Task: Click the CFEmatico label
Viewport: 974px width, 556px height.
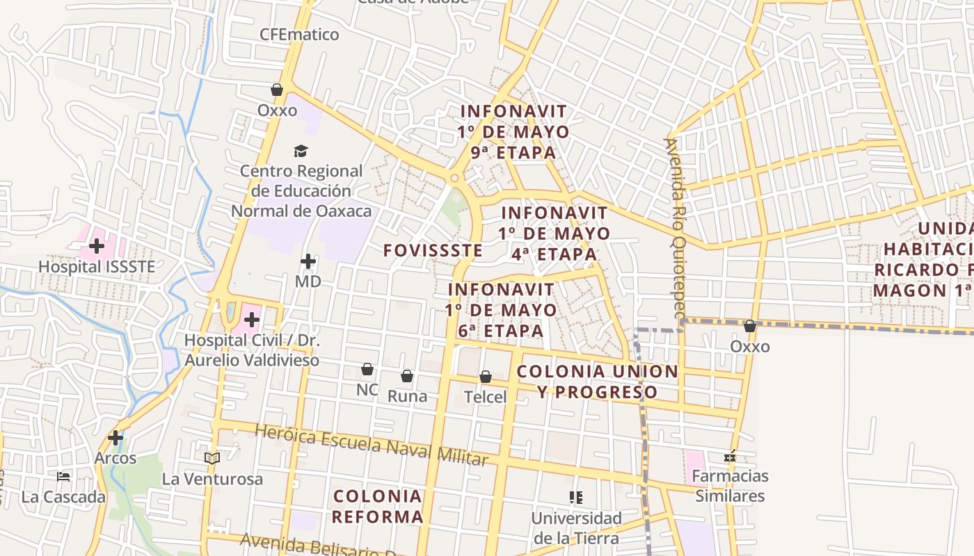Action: click(299, 34)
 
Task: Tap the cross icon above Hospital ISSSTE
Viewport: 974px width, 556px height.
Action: click(97, 245)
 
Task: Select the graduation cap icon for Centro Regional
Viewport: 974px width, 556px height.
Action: click(301, 151)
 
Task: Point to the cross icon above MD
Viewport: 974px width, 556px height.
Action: click(308, 261)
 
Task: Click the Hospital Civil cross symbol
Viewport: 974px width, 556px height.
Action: click(252, 320)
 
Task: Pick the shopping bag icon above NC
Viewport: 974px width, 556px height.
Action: click(367, 369)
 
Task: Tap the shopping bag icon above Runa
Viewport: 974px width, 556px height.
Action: click(407, 376)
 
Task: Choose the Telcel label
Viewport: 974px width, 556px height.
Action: click(486, 397)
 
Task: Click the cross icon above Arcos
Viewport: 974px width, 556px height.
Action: click(115, 438)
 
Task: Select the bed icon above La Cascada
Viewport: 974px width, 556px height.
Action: click(63, 477)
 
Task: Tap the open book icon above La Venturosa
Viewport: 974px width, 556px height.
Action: click(212, 458)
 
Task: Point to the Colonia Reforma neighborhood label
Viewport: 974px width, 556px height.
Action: click(378, 507)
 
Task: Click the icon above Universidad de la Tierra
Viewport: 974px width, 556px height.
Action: click(576, 498)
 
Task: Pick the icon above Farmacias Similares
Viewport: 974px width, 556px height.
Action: click(730, 456)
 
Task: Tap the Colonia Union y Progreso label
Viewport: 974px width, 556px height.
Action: click(597, 382)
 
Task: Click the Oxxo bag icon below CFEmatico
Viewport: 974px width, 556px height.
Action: click(277, 90)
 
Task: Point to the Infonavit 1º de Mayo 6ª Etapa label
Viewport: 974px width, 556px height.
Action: click(501, 310)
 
